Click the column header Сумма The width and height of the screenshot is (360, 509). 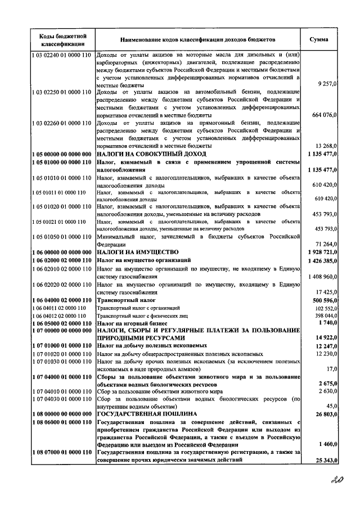point(323,40)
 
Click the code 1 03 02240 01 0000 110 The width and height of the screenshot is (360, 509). point(62,55)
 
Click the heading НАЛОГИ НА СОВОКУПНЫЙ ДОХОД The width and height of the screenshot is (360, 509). point(151,154)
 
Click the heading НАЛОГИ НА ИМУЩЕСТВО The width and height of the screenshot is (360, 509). point(138,252)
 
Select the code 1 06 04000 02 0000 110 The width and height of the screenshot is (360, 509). point(62,301)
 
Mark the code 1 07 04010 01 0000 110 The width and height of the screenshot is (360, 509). point(62,390)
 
